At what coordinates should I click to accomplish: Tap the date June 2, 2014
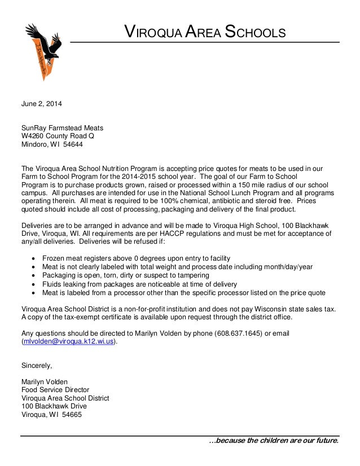tap(42, 104)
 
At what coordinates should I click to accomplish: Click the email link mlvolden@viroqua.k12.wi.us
tap(69, 342)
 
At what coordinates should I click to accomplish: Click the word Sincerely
tap(37, 366)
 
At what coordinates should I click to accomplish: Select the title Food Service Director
tap(55, 390)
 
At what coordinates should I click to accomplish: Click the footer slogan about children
tap(274, 441)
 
